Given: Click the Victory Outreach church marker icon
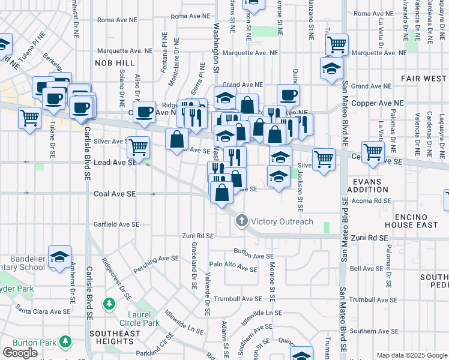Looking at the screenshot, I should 242,221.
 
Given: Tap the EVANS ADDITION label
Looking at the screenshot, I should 371,185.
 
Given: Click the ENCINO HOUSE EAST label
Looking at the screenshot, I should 417,220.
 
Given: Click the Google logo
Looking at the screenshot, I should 20,353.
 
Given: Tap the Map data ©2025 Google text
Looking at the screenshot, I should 411,355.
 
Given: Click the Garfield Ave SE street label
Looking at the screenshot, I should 116,224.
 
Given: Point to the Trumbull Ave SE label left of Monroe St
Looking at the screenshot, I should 238,298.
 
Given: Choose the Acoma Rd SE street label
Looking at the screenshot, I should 370,202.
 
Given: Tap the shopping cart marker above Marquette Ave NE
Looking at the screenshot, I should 337,44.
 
